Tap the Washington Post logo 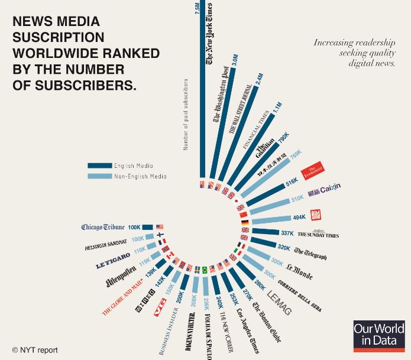(x=222, y=95)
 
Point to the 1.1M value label (x=278, y=107)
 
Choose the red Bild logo (x=316, y=216)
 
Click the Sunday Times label (x=318, y=235)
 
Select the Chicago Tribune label (x=103, y=227)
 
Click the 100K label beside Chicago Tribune (x=134, y=227)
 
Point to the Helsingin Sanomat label (x=106, y=242)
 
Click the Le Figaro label (x=113, y=261)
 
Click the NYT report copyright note (x=35, y=350)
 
